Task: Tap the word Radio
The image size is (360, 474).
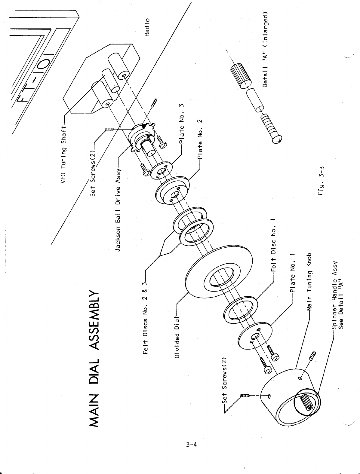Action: (147, 27)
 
